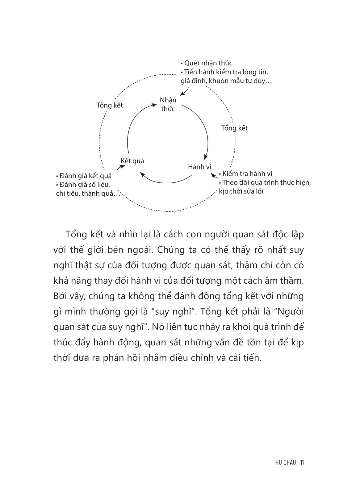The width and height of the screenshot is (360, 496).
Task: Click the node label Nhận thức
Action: click(168, 104)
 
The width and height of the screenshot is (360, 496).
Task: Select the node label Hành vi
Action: click(199, 167)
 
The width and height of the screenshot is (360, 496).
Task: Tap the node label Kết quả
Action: click(132, 161)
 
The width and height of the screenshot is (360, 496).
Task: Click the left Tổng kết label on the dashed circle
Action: click(110, 105)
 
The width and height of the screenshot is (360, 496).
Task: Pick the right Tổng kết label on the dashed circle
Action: click(234, 128)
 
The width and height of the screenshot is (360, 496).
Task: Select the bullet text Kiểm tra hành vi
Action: click(247, 174)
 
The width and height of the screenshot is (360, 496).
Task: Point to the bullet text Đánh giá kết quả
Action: click(85, 176)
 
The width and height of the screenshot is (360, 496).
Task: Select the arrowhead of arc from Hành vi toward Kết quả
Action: click(142, 174)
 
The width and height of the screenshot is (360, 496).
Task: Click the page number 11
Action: click(303, 462)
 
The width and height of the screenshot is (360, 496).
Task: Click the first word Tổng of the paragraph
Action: click(73, 235)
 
